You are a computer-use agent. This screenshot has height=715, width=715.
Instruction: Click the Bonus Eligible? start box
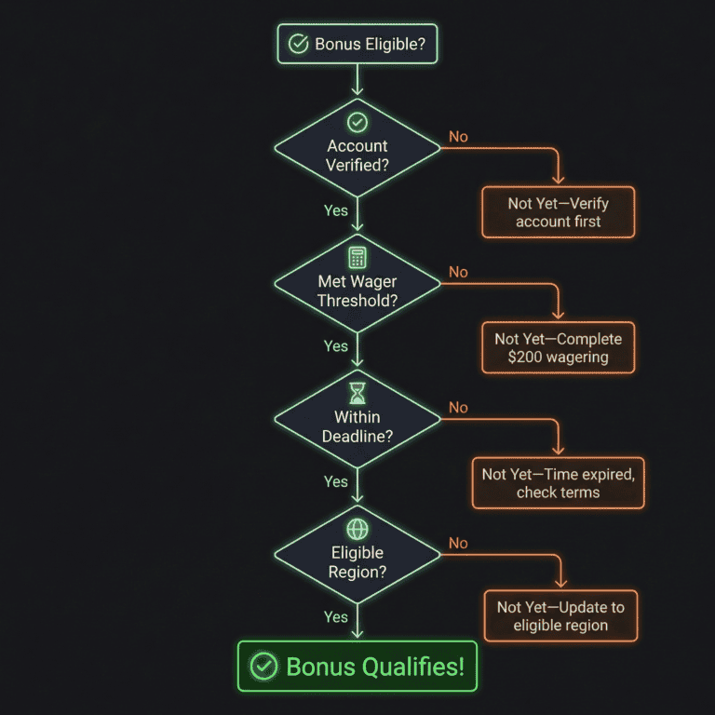pos(357,44)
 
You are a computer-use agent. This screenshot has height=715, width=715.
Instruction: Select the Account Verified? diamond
pos(357,149)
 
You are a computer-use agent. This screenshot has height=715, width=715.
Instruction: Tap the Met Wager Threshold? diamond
pos(357,284)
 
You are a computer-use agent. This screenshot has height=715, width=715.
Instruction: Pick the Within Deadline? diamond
pos(357,420)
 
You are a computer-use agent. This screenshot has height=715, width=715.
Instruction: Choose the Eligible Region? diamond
pos(357,556)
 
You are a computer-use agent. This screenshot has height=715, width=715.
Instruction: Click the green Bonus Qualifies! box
pos(357,666)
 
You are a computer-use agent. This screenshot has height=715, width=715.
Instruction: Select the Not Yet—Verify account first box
pos(558,212)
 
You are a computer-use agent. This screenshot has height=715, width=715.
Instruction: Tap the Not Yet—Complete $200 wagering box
pos(558,348)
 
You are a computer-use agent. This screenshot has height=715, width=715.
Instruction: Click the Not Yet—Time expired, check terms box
pos(558,483)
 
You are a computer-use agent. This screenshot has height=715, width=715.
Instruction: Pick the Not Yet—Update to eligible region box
pos(560,615)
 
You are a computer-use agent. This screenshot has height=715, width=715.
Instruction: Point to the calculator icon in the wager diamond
pos(357,258)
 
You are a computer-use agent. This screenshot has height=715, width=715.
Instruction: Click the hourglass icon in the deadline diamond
pos(357,393)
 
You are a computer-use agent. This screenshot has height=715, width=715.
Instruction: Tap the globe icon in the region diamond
pos(357,529)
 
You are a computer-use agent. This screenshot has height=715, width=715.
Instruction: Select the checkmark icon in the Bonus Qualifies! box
pos(264,667)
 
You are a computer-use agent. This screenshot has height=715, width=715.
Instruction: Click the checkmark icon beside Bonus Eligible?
pos(299,44)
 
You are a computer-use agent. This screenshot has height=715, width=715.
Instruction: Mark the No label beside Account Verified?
pos(458,137)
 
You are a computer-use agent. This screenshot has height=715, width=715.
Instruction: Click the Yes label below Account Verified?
pos(335,210)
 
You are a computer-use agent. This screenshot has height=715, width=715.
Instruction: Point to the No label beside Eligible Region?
pos(458,543)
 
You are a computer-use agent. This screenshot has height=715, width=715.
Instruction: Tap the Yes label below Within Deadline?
pos(335,481)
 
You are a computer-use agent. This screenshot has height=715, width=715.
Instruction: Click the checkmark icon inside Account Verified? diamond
pos(357,122)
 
